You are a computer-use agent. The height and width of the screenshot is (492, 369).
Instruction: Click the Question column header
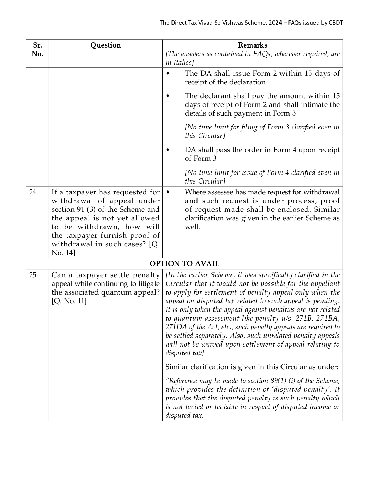[x=106, y=45]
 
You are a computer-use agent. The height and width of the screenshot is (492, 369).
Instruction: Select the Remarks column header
[x=252, y=45]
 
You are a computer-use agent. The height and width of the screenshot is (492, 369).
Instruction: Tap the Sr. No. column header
[x=37, y=50]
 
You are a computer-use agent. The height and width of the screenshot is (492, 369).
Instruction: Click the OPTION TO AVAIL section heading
[x=184, y=264]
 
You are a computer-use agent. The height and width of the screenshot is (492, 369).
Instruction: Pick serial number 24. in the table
[x=33, y=192]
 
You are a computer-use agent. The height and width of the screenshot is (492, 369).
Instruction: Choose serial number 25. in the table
[x=33, y=275]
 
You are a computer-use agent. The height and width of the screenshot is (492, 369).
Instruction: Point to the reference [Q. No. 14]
[x=106, y=248]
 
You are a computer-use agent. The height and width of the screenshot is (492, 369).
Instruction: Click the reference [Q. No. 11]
[x=69, y=301]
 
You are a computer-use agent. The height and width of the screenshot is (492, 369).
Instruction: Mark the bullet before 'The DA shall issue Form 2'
[x=168, y=74]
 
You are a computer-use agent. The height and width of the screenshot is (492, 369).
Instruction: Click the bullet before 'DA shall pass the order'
[x=168, y=150]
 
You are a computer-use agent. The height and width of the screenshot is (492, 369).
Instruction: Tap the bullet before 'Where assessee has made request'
[x=168, y=192]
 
